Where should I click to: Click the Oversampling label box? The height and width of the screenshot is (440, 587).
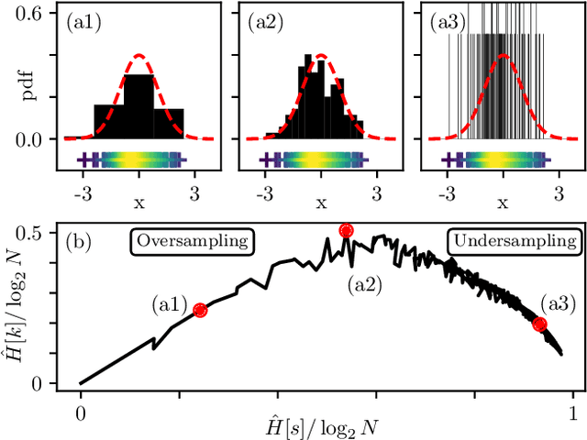click(193, 241)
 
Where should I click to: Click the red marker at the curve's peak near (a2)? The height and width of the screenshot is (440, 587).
click(346, 231)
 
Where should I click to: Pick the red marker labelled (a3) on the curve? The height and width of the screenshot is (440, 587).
click(539, 324)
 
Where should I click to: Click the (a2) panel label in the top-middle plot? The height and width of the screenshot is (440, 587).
click(265, 22)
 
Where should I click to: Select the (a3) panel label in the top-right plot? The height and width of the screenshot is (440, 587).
click(447, 22)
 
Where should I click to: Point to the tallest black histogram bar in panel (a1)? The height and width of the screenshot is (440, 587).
click(138, 106)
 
